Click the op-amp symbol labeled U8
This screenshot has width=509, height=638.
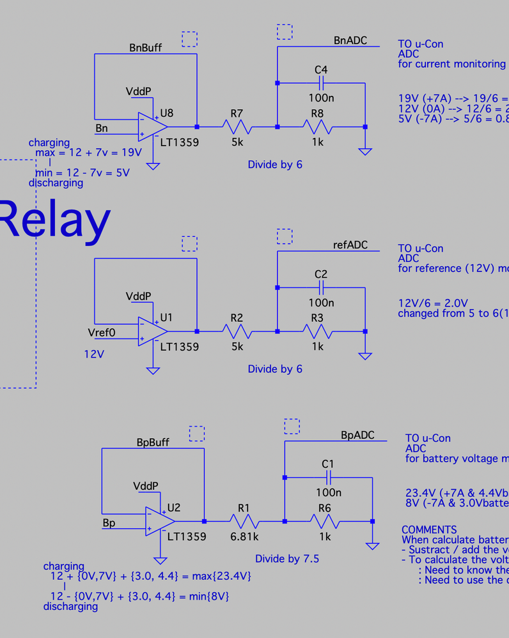point(152,126)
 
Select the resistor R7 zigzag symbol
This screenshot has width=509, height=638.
point(237,126)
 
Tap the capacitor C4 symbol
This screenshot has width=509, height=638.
point(321,83)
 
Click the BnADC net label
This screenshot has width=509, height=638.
point(350,40)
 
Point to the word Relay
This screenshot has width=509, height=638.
point(54,219)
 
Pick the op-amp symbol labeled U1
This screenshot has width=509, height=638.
point(152,331)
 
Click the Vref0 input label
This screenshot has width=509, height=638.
point(102,333)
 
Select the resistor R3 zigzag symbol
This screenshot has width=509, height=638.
point(318,331)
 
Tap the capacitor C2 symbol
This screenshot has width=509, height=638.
point(321,287)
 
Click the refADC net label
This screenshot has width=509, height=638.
point(350,245)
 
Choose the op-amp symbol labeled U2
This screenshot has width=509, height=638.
point(159,520)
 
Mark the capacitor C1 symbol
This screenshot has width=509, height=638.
point(328,477)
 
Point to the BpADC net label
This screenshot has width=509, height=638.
point(357,435)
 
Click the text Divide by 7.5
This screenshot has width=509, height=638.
point(286,559)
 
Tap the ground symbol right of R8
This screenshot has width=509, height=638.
point(365,151)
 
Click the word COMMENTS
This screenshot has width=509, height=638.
point(429,529)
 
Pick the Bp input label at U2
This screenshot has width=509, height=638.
point(109,523)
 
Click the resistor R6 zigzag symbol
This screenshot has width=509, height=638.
point(325,521)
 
